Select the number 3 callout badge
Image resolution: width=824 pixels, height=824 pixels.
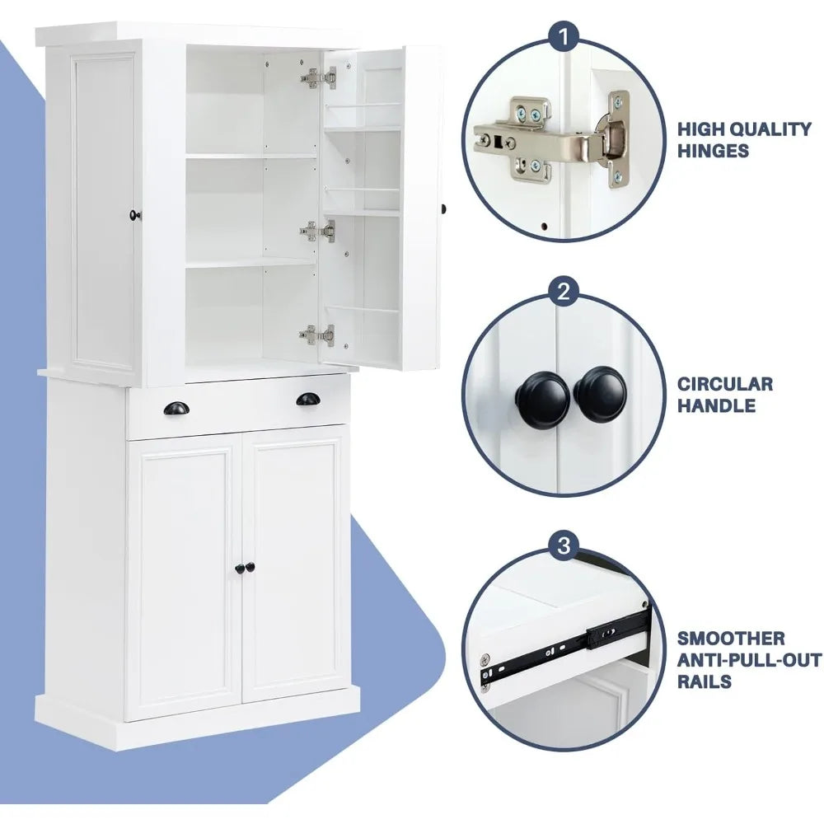coord(564,545)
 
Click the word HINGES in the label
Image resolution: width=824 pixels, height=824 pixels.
coord(714,151)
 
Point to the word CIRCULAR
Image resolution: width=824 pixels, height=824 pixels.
coord(725,384)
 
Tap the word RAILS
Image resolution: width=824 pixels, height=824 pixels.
coord(705,681)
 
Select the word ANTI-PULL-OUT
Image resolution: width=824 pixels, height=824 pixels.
coord(749,660)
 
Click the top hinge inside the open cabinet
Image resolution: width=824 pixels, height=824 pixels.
coord(319,79)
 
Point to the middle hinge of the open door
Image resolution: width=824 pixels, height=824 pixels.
coord(318,232)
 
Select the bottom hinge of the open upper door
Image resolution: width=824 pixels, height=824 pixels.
coord(317,334)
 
